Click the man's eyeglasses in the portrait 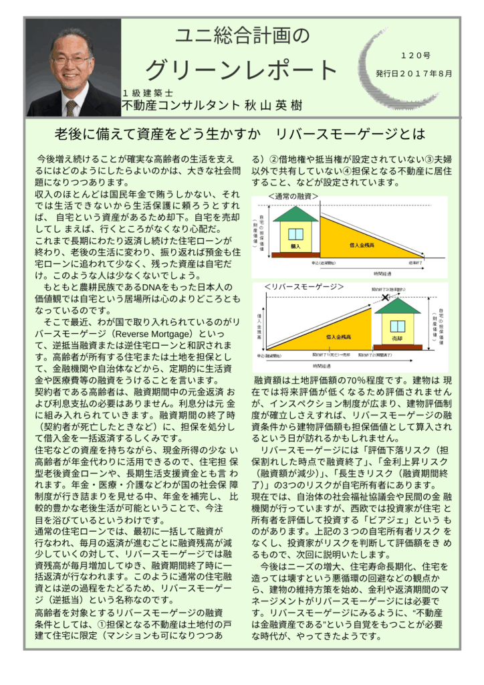[72, 60]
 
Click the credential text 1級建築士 [148, 92]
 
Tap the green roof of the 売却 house [397, 307]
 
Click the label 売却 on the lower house [398, 338]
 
